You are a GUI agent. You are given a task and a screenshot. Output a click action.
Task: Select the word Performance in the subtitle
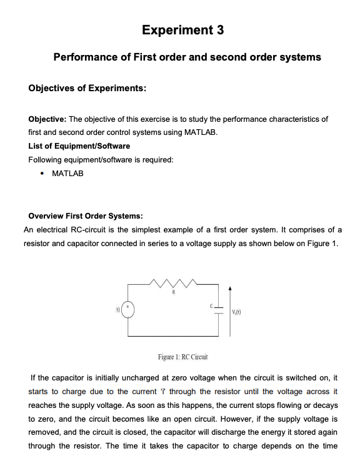point(91,57)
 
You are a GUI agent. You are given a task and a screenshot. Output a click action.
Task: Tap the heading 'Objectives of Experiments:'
point(87,88)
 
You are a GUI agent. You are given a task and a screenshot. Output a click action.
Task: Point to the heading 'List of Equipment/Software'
point(79,146)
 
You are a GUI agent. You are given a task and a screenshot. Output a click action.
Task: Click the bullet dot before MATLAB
point(41,173)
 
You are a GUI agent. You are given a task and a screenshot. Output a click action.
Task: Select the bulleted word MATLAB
point(67,173)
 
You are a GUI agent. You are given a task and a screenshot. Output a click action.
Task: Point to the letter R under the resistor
point(173,292)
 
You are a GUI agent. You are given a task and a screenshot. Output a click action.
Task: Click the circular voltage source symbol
point(128,310)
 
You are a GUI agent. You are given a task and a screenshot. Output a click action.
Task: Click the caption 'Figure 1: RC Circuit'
point(182,357)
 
